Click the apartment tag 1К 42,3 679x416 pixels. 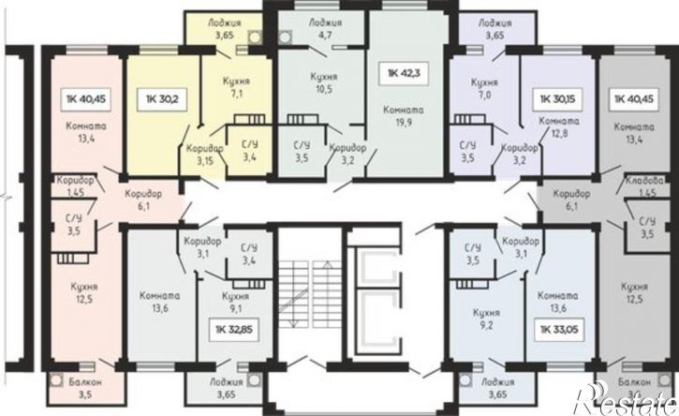404,73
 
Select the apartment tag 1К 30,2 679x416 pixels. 162,99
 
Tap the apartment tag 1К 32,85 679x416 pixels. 234,330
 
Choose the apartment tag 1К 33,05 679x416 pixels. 559,330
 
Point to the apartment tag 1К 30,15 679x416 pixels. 558,99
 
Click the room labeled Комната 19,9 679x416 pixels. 403,116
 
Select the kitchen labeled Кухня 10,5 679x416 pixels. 324,82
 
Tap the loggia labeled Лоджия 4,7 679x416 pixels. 325,29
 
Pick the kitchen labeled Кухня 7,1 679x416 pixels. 236,87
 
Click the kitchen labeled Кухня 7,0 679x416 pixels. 484,88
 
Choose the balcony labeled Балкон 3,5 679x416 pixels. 85,388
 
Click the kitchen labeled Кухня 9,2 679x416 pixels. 486,319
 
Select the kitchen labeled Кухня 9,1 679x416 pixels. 235,303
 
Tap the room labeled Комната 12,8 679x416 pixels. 559,127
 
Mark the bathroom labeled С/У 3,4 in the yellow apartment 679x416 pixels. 249,151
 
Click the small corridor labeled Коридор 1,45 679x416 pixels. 75,186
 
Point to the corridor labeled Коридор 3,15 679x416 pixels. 205,155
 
